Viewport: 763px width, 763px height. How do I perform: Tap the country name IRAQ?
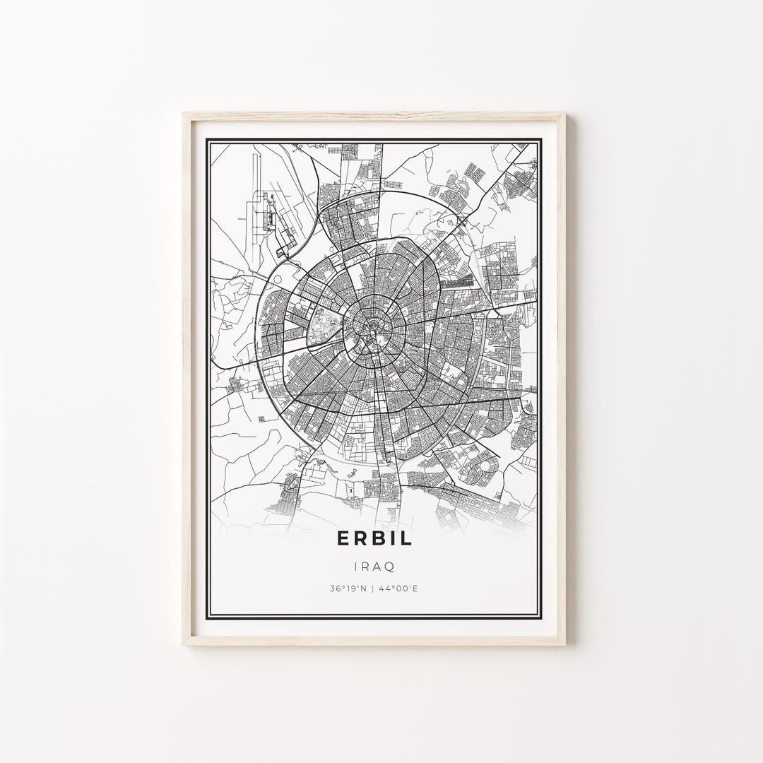coord(374,566)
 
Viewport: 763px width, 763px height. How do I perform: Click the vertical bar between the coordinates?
coord(374,588)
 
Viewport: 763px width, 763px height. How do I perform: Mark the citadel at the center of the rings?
coord(368,327)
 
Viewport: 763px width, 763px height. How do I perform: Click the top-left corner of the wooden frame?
coord(184,114)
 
